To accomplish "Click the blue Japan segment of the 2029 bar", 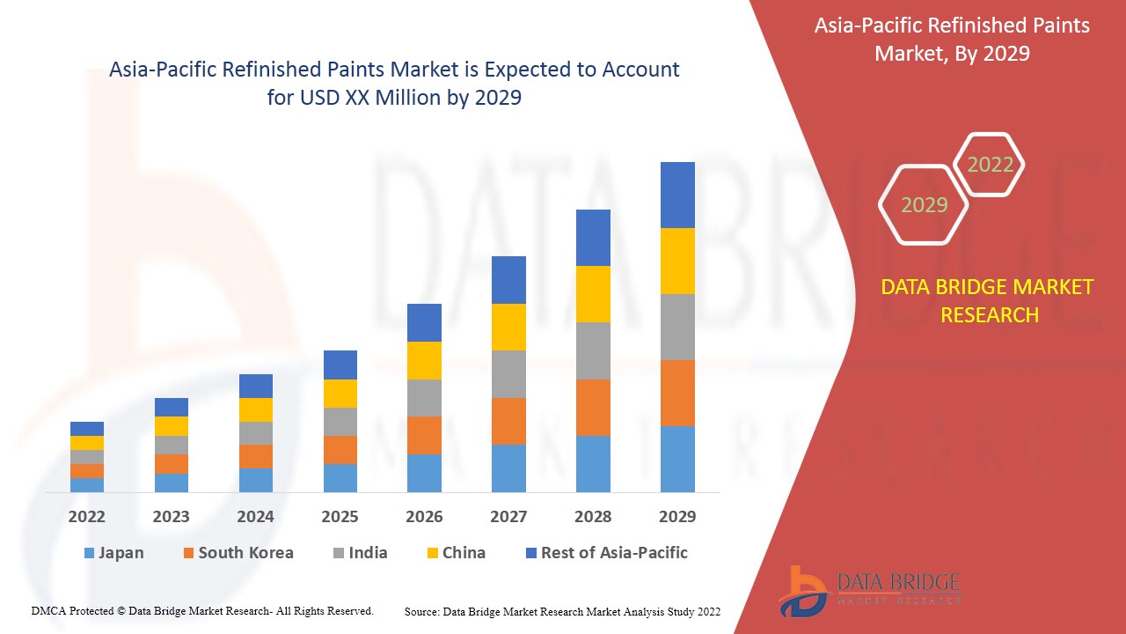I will point(677,459).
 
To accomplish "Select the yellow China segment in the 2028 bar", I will point(593,294).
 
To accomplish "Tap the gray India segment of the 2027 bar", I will point(508,374).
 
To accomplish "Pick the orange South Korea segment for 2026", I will point(424,435).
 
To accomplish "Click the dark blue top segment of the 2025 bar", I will point(340,365).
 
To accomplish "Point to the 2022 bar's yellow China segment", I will point(87,443).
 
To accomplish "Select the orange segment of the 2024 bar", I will point(256,456).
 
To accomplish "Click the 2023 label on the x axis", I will point(171,517).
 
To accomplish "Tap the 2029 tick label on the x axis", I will point(677,517).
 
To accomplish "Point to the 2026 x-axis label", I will point(424,517).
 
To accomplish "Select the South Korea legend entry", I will point(238,553).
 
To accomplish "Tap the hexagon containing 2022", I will point(990,165).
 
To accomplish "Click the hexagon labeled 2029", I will point(923,205).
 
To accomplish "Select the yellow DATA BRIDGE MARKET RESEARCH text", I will point(989,300).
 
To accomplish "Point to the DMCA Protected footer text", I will point(202,610).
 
